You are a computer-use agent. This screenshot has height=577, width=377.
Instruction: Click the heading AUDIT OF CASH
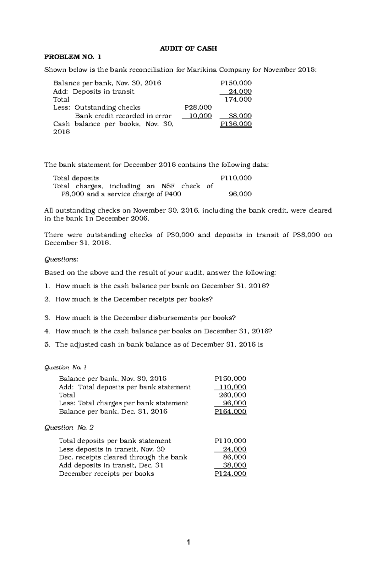(x=188, y=48)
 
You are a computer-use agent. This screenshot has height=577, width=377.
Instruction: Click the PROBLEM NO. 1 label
(x=73, y=57)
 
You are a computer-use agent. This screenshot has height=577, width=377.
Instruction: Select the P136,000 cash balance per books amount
(x=236, y=124)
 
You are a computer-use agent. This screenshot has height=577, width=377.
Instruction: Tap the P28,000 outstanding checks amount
(x=198, y=108)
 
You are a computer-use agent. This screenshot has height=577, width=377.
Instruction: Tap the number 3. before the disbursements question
(x=47, y=318)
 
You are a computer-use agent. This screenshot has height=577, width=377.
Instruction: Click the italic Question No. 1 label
(x=65, y=367)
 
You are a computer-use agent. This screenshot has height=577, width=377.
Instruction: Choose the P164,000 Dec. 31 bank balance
(x=231, y=412)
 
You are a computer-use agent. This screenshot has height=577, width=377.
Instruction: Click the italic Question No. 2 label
(x=69, y=428)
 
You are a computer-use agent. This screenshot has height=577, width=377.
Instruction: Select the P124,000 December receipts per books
(x=231, y=474)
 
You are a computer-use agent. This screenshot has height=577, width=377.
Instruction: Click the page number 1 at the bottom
(x=188, y=542)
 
